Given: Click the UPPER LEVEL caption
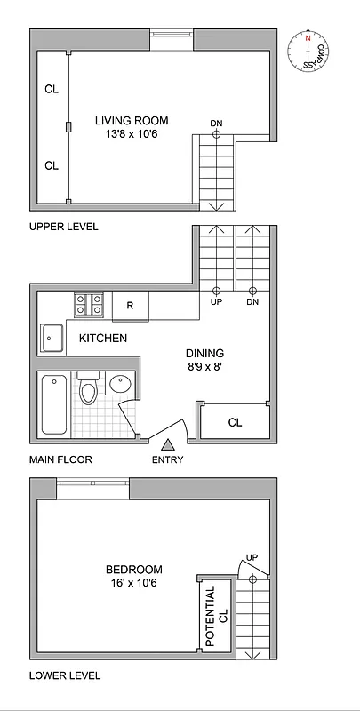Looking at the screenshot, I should pyautogui.click(x=63, y=227).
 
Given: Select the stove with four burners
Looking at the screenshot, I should pyautogui.click(x=88, y=305).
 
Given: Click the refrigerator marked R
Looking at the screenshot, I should pyautogui.click(x=130, y=306).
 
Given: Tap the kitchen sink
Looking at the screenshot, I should pyautogui.click(x=52, y=338).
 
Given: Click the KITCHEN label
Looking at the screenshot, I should pyautogui.click(x=103, y=339).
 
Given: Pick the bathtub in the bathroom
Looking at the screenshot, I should pyautogui.click(x=54, y=404).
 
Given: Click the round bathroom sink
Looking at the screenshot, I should pyautogui.click(x=119, y=385).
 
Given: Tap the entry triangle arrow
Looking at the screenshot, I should pyautogui.click(x=166, y=443).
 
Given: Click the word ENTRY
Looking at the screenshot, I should pyautogui.click(x=166, y=460).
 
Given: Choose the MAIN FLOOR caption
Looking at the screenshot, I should pyautogui.click(x=60, y=460).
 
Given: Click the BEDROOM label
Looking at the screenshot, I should pyautogui.click(x=133, y=570).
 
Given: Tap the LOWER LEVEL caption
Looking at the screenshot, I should pyautogui.click(x=64, y=675).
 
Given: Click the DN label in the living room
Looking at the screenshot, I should pyautogui.click(x=216, y=123).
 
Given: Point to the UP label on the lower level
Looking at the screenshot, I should pyautogui.click(x=252, y=557).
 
